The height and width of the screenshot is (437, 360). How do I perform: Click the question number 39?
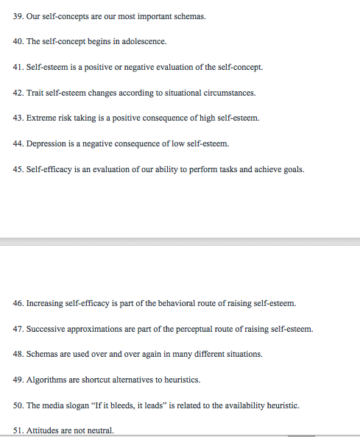coord(18,15)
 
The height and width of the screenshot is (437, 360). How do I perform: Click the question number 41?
coord(18,67)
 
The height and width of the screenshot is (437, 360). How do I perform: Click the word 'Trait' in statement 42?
coord(35,93)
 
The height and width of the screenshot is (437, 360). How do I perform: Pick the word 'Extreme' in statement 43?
coord(40,118)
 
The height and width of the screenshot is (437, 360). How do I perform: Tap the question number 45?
coord(18,169)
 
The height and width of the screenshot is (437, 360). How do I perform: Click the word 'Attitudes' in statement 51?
coord(43,430)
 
